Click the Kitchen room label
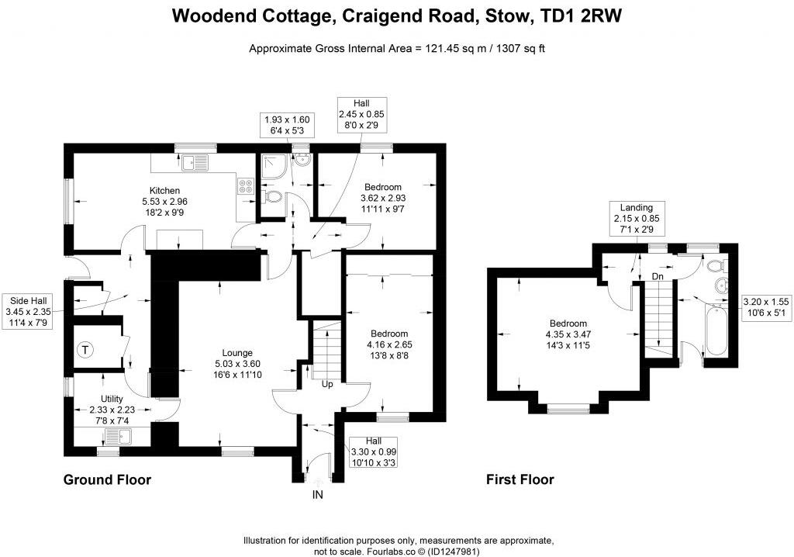pyautogui.click(x=164, y=191)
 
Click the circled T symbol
pyautogui.click(x=85, y=350)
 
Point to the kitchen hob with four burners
pyautogui.click(x=245, y=185)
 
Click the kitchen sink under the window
pyautogui.click(x=192, y=163)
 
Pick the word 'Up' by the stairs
pyautogui.click(x=327, y=384)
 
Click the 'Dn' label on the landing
pyautogui.click(x=658, y=275)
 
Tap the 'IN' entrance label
pyautogui.click(x=317, y=494)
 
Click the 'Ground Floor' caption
pyautogui.click(x=106, y=479)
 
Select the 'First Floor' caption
pyautogui.click(x=520, y=479)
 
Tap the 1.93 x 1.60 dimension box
pyautogui.click(x=287, y=126)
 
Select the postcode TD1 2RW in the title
pyautogui.click(x=593, y=16)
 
